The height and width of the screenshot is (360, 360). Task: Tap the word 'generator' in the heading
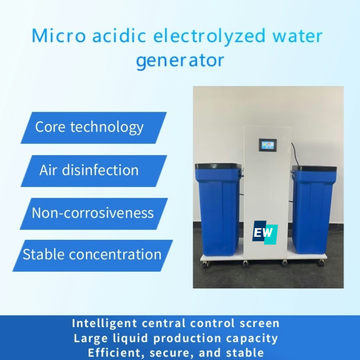pyautogui.click(x=180, y=60)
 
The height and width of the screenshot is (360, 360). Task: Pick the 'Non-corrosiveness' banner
pyautogui.click(x=93, y=213)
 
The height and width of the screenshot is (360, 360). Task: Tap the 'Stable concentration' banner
pyautogui.click(x=92, y=255)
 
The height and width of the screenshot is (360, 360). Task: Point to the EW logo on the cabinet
pyautogui.click(x=265, y=233)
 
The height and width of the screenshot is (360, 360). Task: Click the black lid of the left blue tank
pyautogui.click(x=217, y=166)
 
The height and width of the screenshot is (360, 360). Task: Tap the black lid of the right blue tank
pyautogui.click(x=314, y=169)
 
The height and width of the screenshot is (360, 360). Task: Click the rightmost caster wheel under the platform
pyautogui.click(x=321, y=262)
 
